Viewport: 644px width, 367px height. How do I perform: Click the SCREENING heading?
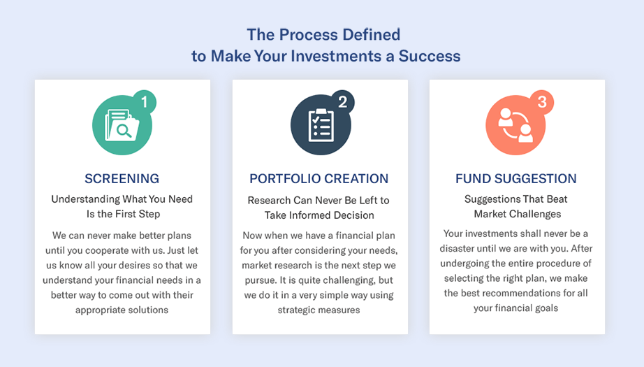point(122,178)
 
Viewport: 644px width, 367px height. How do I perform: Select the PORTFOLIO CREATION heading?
point(319,178)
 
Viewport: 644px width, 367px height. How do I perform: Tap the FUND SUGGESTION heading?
point(516,178)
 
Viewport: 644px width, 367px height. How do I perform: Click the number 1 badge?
point(144,102)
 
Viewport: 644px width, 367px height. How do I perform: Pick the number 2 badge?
point(342,102)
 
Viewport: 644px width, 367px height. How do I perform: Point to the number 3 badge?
point(541,102)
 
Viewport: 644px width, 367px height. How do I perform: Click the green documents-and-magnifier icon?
point(122,126)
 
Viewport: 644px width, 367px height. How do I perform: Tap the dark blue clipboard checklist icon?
point(319,126)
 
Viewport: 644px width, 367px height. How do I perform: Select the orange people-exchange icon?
point(516,126)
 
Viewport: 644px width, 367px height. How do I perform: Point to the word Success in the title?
point(430,56)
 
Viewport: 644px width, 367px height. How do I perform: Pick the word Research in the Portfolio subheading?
point(272,200)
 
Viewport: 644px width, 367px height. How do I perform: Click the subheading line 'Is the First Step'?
point(122,214)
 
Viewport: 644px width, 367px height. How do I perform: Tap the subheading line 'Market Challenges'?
point(517,214)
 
